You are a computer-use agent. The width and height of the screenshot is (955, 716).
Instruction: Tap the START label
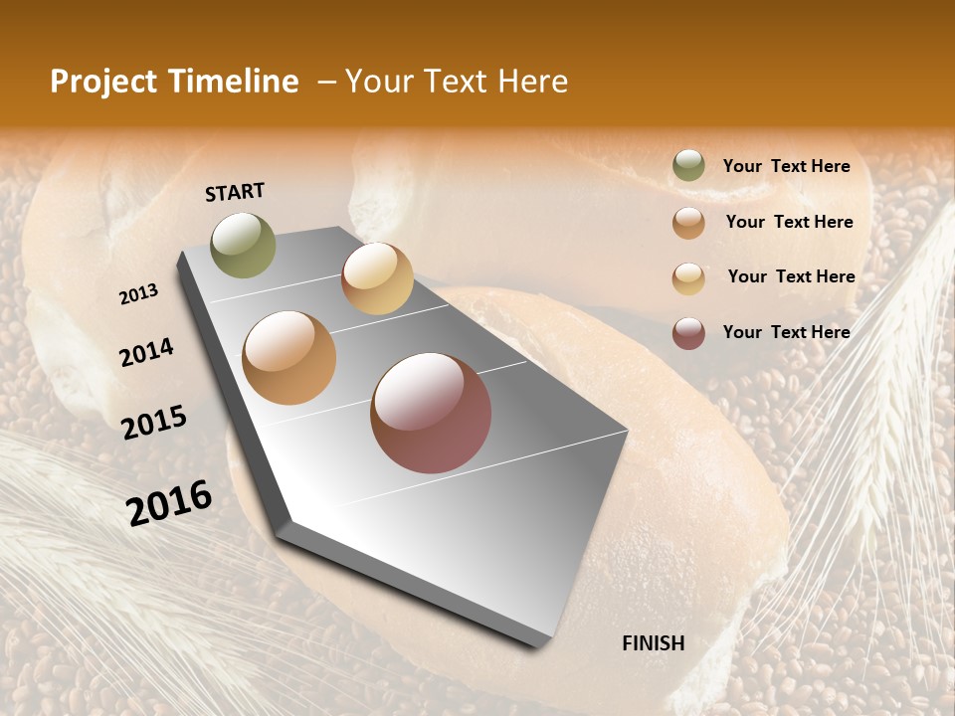(x=235, y=192)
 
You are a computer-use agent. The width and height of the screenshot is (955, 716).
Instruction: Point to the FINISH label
(x=654, y=643)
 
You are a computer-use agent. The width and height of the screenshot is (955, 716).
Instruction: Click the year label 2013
(x=139, y=294)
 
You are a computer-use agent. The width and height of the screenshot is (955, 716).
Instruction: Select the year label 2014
(x=147, y=353)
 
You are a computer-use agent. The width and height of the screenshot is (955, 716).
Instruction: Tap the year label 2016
(x=169, y=502)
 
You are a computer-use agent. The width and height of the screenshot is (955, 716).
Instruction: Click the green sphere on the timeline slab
(x=244, y=245)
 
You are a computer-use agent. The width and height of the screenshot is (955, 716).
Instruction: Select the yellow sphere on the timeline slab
(x=377, y=278)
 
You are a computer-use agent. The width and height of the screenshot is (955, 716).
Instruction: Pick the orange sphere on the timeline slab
(x=289, y=358)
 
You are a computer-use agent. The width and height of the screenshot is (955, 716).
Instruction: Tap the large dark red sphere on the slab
(x=431, y=413)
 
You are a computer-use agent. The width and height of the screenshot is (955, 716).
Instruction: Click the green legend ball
(x=688, y=166)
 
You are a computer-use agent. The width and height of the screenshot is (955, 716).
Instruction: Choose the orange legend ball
(x=688, y=223)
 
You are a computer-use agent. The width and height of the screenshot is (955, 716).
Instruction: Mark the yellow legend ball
(x=688, y=278)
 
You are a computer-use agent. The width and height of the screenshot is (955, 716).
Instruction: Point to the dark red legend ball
(x=688, y=333)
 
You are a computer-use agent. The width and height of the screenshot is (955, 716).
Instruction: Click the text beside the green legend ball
(x=787, y=167)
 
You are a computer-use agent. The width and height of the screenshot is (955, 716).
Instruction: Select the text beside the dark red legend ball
(x=787, y=332)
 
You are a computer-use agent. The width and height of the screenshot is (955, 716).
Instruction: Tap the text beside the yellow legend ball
(x=791, y=276)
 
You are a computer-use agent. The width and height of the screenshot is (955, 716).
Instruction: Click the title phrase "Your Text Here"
(x=457, y=82)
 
